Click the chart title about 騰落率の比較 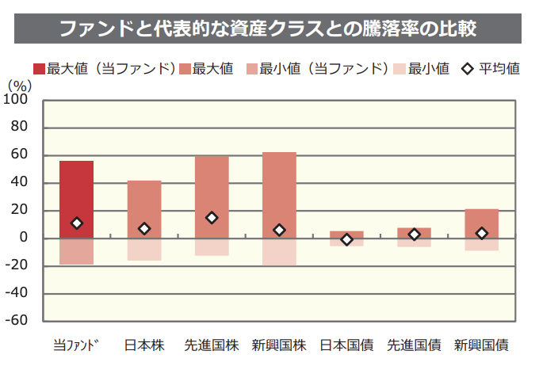[x=269, y=29]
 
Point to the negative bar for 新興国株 [x=279, y=252]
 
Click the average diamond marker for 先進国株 [x=212, y=218]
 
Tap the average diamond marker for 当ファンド [x=77, y=223]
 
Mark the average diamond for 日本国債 [x=346, y=239]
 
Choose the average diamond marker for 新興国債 [x=481, y=233]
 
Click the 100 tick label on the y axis [x=17, y=100]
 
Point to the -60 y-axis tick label [x=17, y=321]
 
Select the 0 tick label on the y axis [x=24, y=238]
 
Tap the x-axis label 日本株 [x=144, y=345]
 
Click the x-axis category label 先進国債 [x=414, y=345]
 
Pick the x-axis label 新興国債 [x=481, y=345]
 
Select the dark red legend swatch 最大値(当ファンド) [x=39, y=69]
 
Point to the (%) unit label [x=19, y=85]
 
